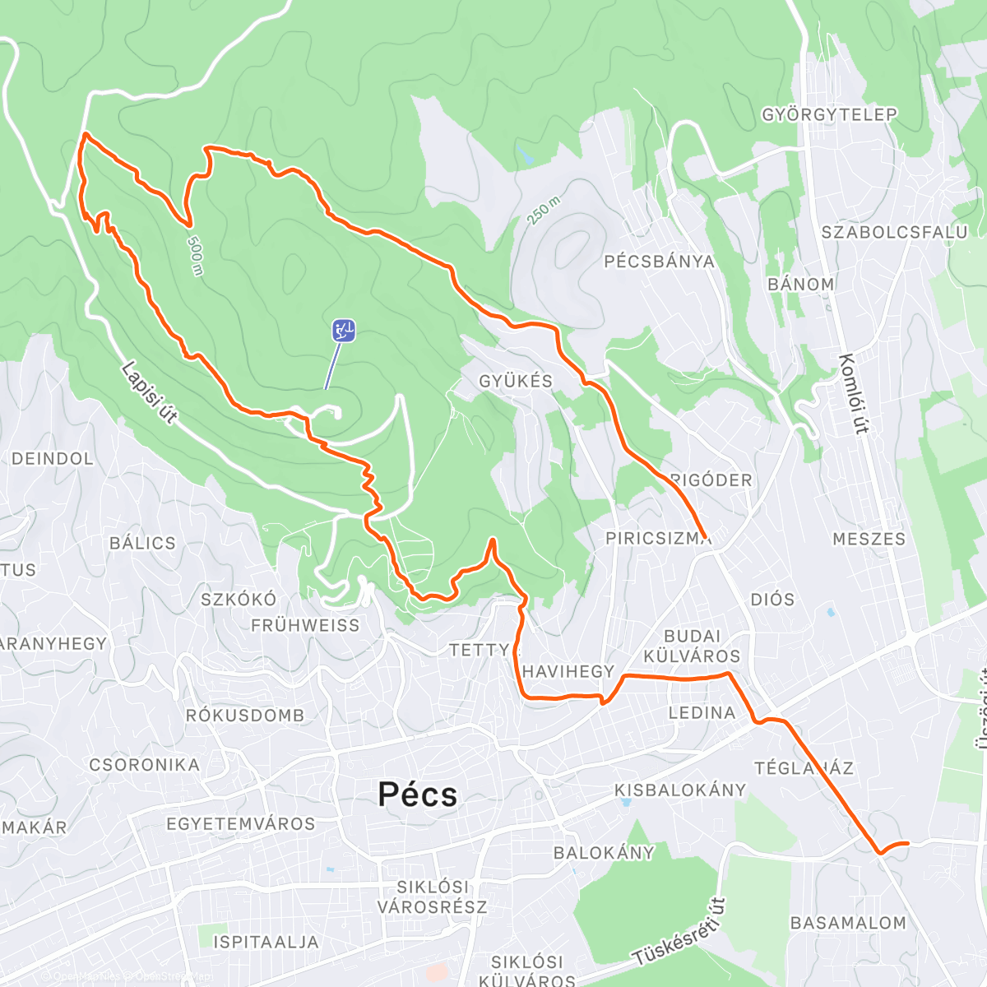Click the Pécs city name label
pyautogui.click(x=417, y=795)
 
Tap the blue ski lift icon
pyautogui.click(x=344, y=331)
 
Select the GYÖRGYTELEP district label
pyautogui.click(x=829, y=114)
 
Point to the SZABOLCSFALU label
pyautogui.click(x=894, y=233)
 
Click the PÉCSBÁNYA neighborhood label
pyautogui.click(x=659, y=262)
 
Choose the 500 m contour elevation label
pyautogui.click(x=195, y=256)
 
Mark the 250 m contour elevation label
pyautogui.click(x=544, y=211)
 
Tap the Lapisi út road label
pyautogui.click(x=149, y=393)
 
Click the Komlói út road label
pyautogui.click(x=855, y=393)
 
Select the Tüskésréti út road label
pyautogui.click(x=679, y=932)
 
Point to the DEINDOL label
pyautogui.click(x=53, y=459)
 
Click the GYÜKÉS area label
pyautogui.click(x=516, y=381)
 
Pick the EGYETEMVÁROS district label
pyautogui.click(x=240, y=823)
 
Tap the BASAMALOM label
pyautogui.click(x=848, y=923)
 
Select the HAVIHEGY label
pyautogui.click(x=568, y=672)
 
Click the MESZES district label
pyautogui.click(x=869, y=540)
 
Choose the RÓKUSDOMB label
pyautogui.click(x=244, y=716)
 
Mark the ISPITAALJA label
pyautogui.click(x=266, y=942)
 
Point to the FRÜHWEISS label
pyautogui.click(x=305, y=626)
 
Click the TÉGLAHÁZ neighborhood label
pyautogui.click(x=804, y=768)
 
